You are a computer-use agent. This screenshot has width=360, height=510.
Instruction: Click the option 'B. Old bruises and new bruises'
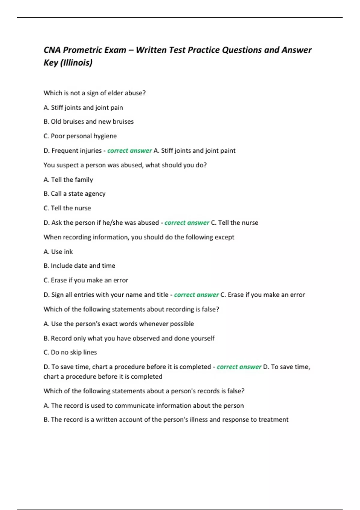(88, 121)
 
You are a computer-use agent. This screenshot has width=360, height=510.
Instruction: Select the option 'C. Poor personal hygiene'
(80, 136)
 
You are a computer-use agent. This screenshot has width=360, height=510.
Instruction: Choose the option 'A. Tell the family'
(68, 179)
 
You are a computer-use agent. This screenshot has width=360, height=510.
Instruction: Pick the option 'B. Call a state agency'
(74, 194)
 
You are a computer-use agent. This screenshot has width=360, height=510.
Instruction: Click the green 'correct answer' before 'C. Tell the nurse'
(187, 223)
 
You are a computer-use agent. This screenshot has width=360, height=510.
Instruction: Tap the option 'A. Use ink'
(58, 252)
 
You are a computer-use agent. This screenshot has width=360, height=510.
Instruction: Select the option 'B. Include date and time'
(79, 265)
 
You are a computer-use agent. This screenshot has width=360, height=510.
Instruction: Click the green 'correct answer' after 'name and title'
(196, 295)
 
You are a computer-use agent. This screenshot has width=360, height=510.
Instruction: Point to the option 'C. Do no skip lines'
(70, 352)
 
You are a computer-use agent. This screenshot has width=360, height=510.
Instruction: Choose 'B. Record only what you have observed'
(129, 338)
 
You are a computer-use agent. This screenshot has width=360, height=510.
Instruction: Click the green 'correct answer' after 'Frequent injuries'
(129, 150)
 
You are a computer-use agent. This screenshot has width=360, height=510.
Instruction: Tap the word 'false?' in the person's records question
(236, 391)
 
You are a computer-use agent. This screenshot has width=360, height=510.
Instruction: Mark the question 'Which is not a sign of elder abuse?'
(94, 93)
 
